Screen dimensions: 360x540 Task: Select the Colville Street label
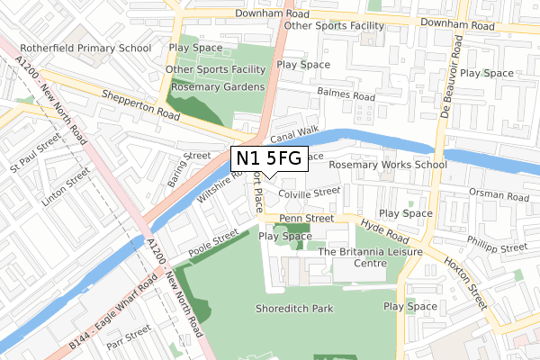[x=310, y=192]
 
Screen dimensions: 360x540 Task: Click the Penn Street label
[x=307, y=218]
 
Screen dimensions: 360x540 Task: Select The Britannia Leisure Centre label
[x=372, y=258]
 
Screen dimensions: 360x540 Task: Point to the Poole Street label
[x=213, y=242]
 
